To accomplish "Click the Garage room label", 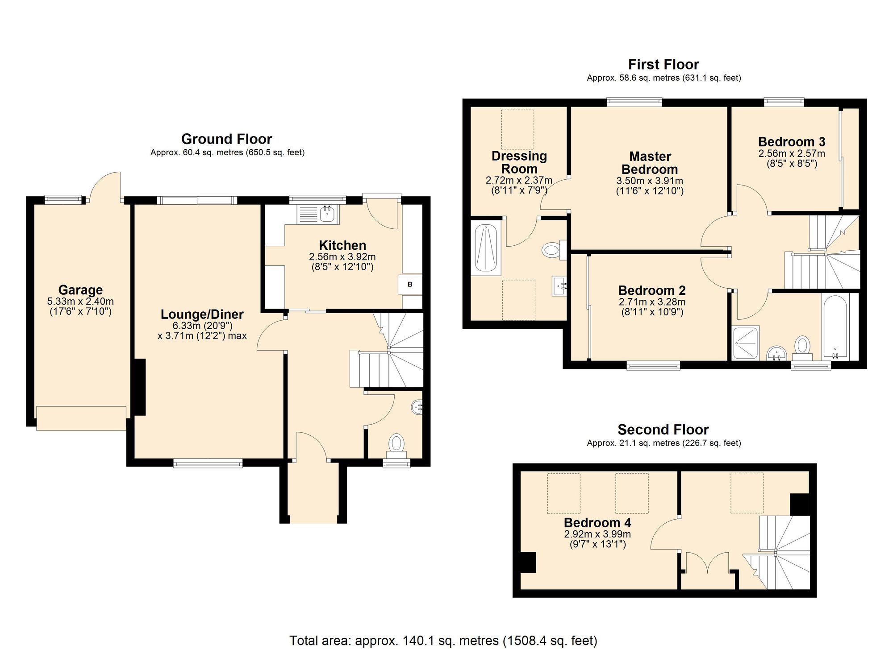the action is [80, 290].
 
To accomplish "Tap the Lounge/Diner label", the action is [202, 314].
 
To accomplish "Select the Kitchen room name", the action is [342, 245].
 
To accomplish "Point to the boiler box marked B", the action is [410, 284].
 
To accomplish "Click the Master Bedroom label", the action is [650, 163].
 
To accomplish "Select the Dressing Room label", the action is [519, 162].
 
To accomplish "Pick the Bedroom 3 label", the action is [792, 142].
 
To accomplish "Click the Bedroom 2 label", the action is [652, 290].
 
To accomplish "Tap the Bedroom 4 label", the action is [597, 522].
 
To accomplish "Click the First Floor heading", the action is [663, 65].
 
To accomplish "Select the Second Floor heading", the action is [663, 430].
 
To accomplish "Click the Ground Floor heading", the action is [227, 139].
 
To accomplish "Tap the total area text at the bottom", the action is [443, 641].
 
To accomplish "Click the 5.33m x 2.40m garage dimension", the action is [80, 302].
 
